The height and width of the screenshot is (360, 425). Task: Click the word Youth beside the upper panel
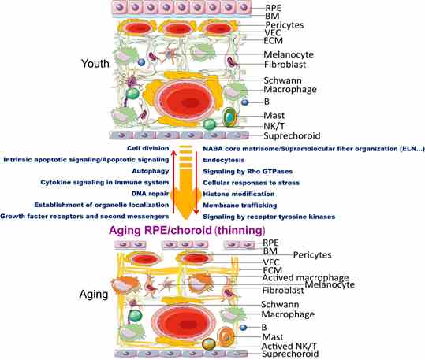point(95,64)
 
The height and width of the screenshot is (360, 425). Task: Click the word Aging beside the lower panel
point(94,295)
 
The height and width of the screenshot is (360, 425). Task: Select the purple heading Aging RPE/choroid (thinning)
point(187,231)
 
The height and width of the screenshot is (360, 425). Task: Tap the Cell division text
point(148,148)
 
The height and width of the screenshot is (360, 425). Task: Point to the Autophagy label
point(151,171)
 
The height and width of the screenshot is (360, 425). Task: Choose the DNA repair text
point(150,194)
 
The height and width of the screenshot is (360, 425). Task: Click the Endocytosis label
point(224,160)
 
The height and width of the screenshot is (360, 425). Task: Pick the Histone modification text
point(239,195)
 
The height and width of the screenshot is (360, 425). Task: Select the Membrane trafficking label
point(240,206)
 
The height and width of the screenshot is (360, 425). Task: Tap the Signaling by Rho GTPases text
point(248,172)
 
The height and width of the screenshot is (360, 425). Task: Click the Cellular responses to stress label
point(252,183)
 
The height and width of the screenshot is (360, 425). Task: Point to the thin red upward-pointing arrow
point(173,182)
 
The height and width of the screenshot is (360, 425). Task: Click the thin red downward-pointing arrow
point(196,183)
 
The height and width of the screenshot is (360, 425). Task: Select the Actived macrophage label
point(305,277)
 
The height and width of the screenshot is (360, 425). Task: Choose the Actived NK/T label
point(289,346)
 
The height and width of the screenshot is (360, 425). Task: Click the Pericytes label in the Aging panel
point(312,255)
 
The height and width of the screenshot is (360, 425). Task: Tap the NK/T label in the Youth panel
point(274,126)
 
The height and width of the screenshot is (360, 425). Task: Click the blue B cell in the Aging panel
point(244,328)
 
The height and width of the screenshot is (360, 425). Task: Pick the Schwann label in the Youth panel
point(283,80)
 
